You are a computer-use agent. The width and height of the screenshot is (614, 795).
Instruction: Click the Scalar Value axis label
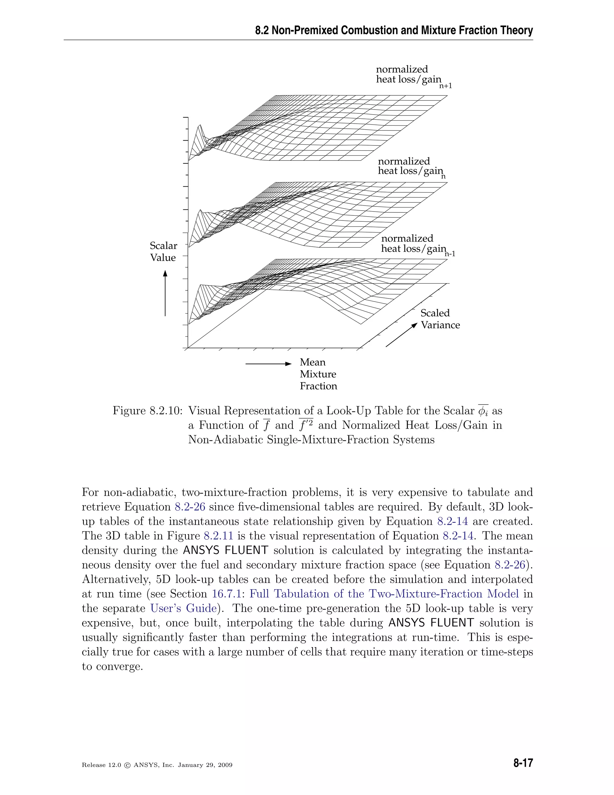pyautogui.click(x=163, y=251)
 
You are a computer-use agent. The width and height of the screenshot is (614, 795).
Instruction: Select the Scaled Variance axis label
pyautogui.click(x=440, y=319)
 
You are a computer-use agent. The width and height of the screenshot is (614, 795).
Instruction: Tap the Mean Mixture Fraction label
pyautogui.click(x=318, y=374)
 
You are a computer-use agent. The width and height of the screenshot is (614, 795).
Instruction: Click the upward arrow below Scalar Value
pyautogui.click(x=165, y=293)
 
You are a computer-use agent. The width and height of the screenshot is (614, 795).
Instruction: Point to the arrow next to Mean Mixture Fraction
pyautogui.click(x=268, y=364)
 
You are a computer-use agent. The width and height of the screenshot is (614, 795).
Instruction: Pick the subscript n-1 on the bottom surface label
pyautogui.click(x=450, y=254)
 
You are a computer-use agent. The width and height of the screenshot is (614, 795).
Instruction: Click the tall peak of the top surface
pyautogui.click(x=199, y=126)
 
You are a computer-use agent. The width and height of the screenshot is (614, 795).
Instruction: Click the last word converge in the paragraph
pyautogui.click(x=118, y=667)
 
